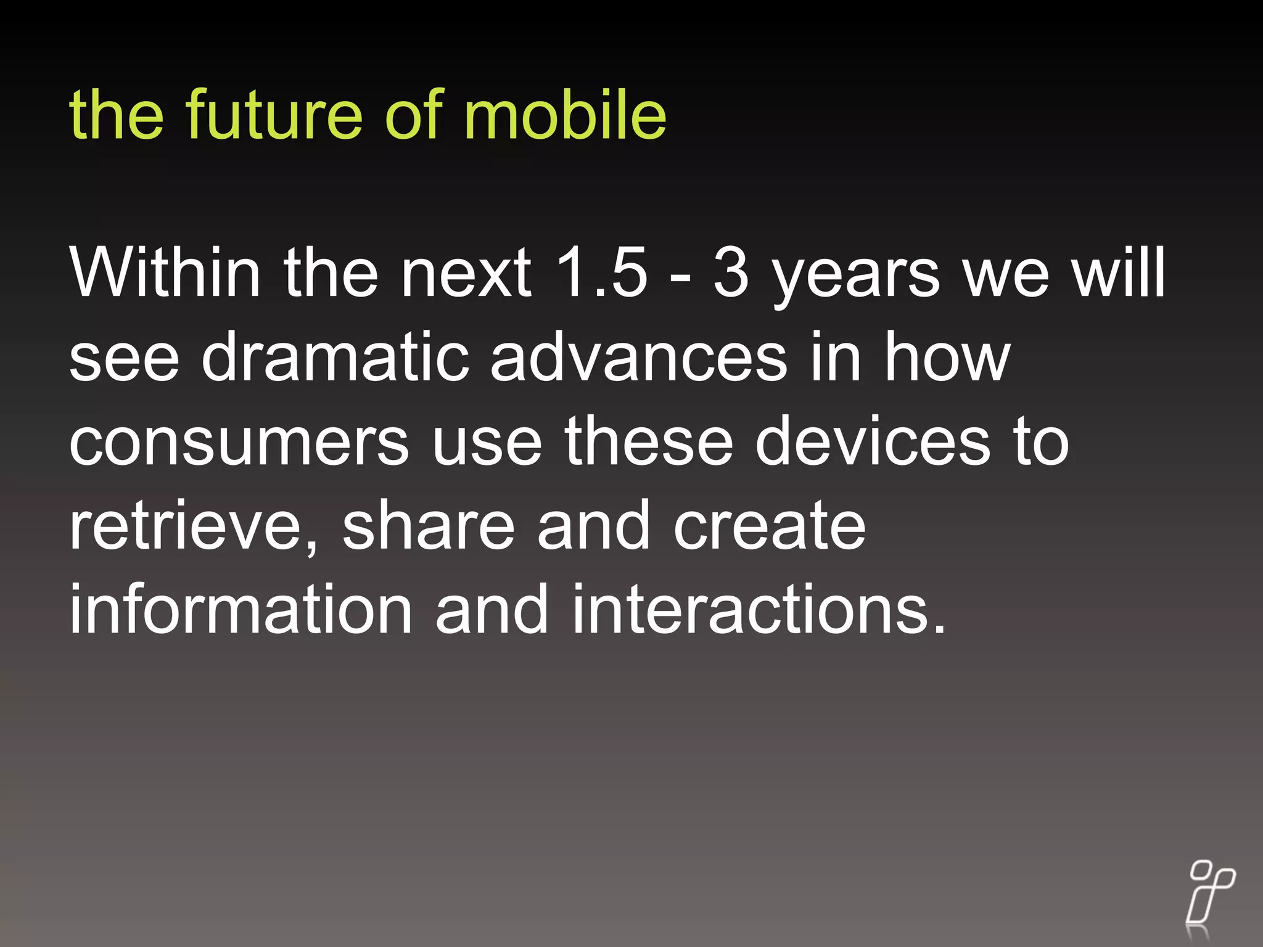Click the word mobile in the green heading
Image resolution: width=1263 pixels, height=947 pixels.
click(564, 114)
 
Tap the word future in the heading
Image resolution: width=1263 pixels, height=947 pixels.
click(274, 114)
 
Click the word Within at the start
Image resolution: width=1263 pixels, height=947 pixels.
click(165, 272)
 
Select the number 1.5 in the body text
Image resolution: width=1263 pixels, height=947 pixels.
click(601, 272)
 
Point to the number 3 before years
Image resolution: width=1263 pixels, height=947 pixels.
click(731, 272)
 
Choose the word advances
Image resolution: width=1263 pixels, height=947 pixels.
click(638, 357)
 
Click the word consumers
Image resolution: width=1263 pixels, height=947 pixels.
click(239, 443)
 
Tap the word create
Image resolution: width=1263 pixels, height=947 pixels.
click(770, 527)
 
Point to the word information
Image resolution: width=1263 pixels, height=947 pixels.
click(241, 610)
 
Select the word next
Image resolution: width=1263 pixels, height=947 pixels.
click(466, 273)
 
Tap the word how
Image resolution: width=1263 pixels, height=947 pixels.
click(947, 357)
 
